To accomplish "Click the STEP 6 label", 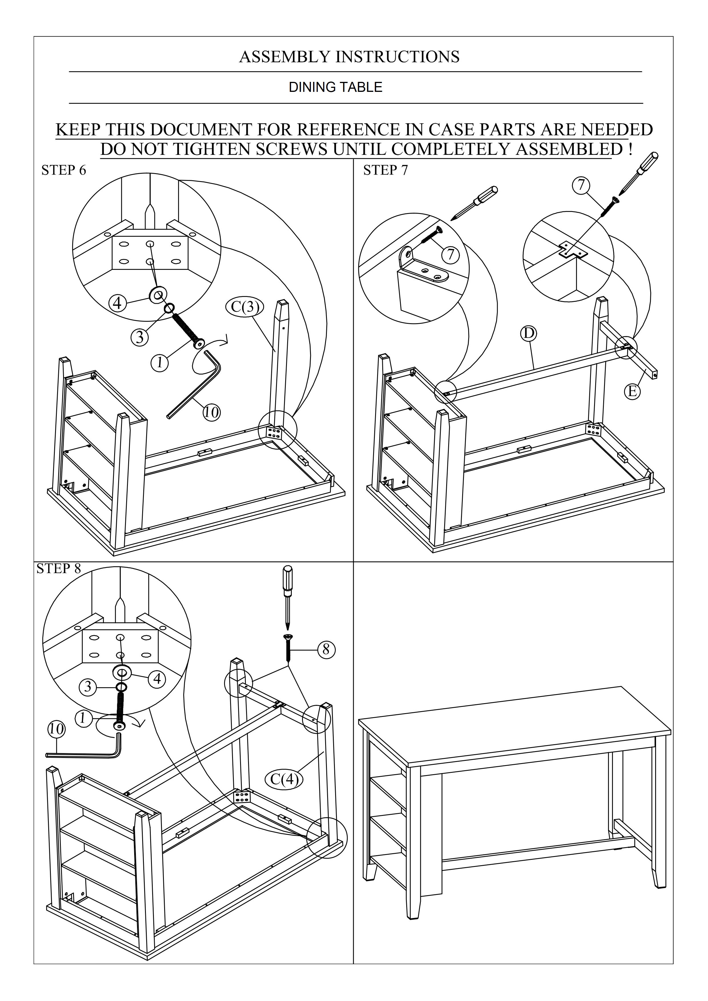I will pyautogui.click(x=64, y=170).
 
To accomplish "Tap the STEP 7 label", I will pyautogui.click(x=385, y=170).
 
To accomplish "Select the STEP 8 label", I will pyautogui.click(x=59, y=569).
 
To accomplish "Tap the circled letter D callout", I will pyautogui.click(x=528, y=333).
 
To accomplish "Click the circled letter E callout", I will pyautogui.click(x=632, y=391).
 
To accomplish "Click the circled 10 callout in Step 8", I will pyautogui.click(x=56, y=729).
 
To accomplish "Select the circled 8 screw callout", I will pyautogui.click(x=326, y=650).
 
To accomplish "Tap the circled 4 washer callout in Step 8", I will pyautogui.click(x=157, y=679).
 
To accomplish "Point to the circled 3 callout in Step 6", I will pyautogui.click(x=140, y=337).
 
